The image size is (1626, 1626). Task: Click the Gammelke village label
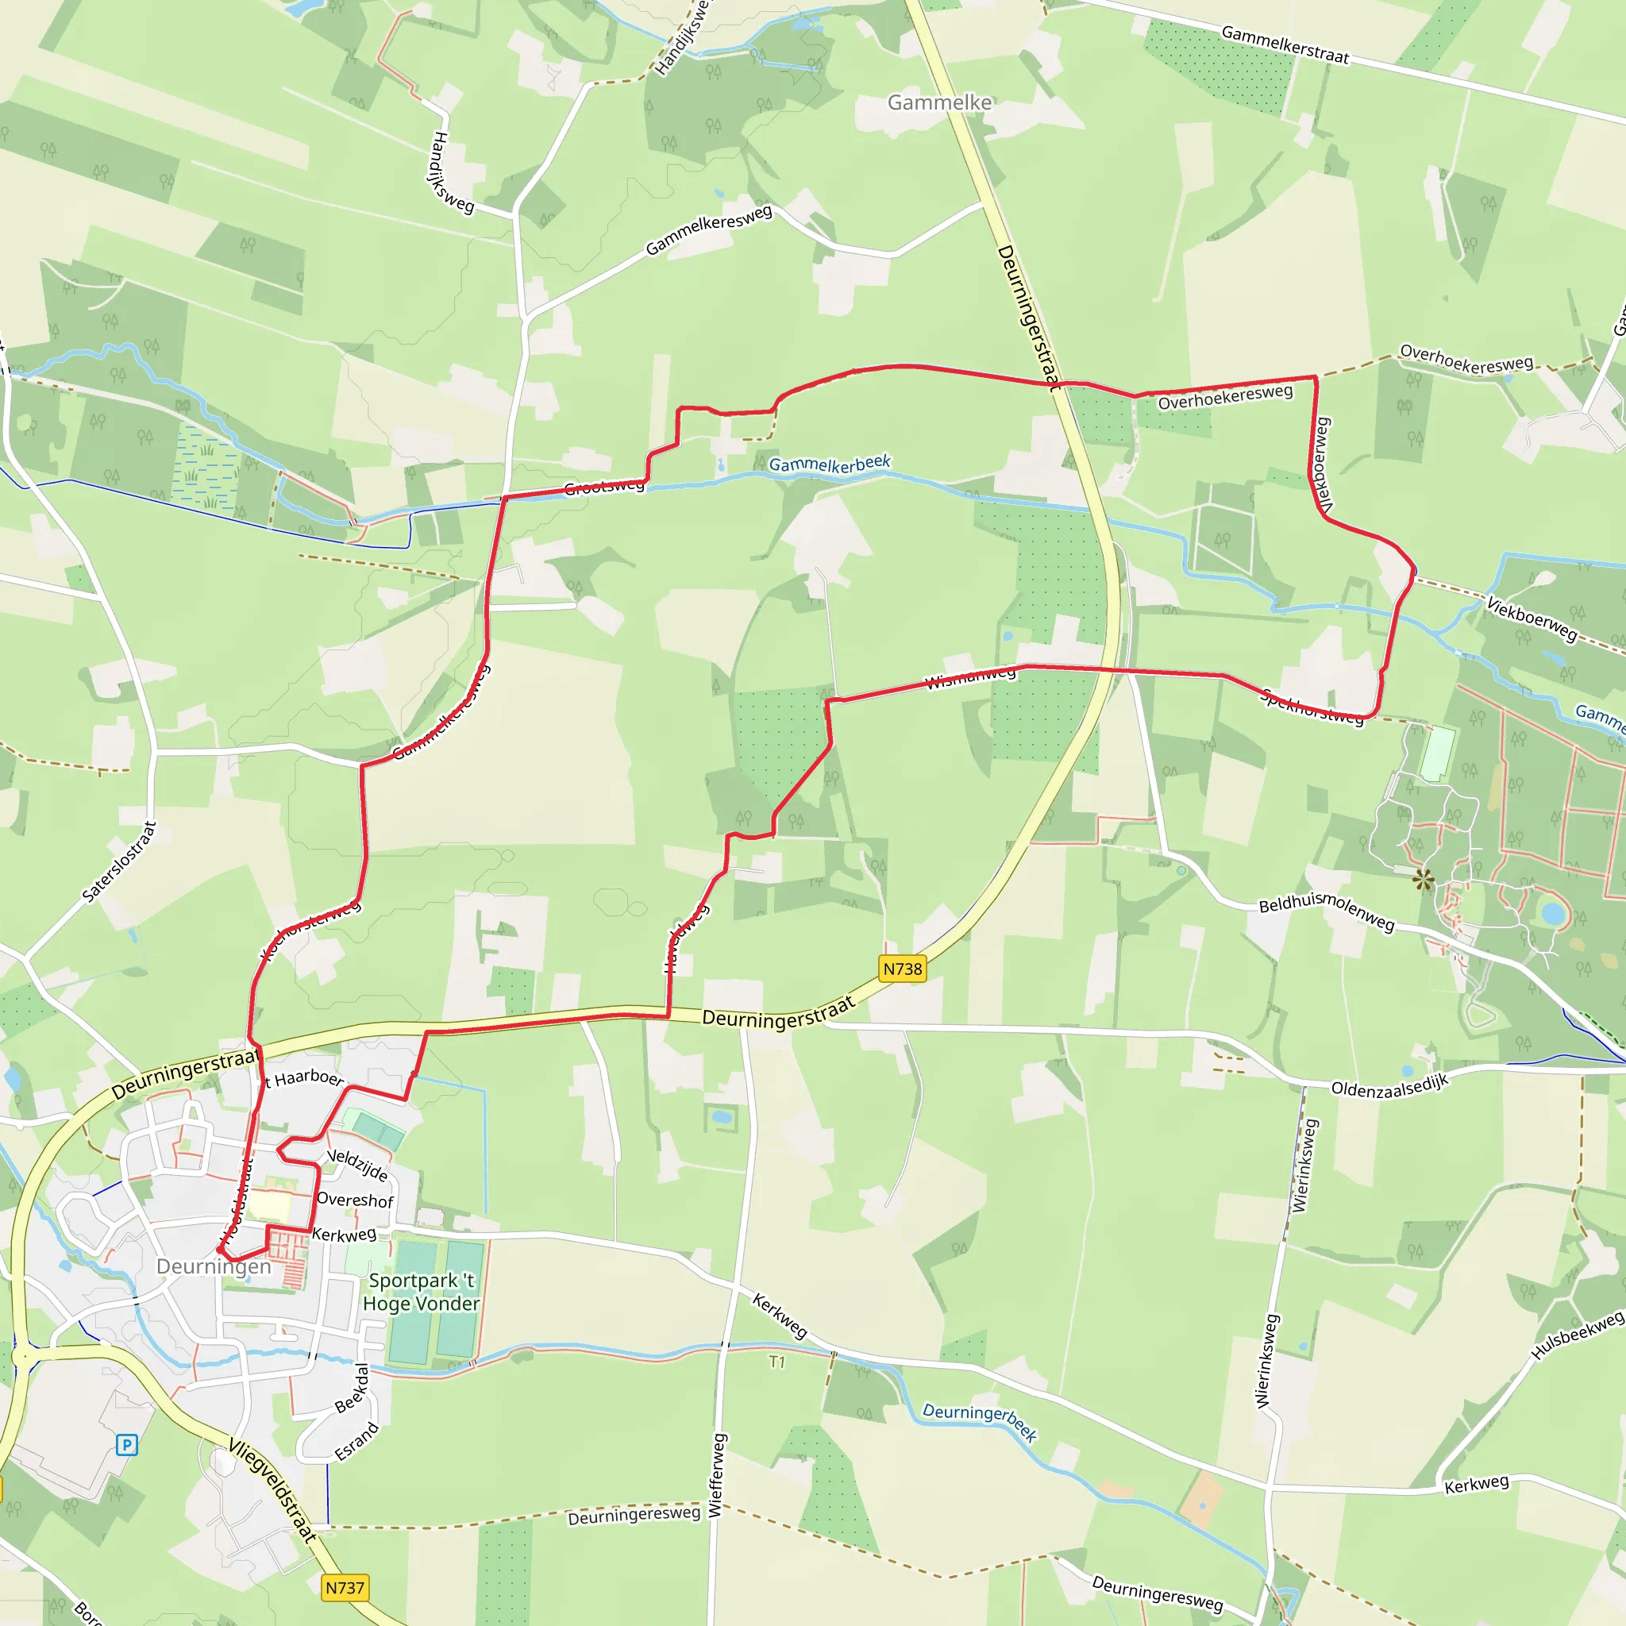pos(939,102)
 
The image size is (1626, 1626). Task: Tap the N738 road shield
pos(902,969)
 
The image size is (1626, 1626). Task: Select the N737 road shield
pos(345,1587)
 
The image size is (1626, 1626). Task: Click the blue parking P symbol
pos(126,1445)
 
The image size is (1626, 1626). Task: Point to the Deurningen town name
pos(214,1266)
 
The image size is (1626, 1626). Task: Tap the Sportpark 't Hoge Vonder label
pos(421,1292)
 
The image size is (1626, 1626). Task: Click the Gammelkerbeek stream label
pos(829,464)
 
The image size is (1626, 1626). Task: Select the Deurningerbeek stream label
pos(980,1421)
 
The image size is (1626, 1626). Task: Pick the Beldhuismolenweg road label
pos(1327,911)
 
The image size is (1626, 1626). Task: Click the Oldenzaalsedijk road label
pos(1389,1085)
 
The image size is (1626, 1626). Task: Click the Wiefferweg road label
pos(715,1475)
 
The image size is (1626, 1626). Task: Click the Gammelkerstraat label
pos(1285,45)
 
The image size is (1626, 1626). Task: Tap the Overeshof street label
pos(355,1200)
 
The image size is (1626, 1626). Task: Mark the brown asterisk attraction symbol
pos(1424,881)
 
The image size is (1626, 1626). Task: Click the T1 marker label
pos(776,1362)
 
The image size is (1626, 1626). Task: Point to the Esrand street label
pos(356,1442)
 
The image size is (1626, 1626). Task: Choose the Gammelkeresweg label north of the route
pos(709,229)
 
